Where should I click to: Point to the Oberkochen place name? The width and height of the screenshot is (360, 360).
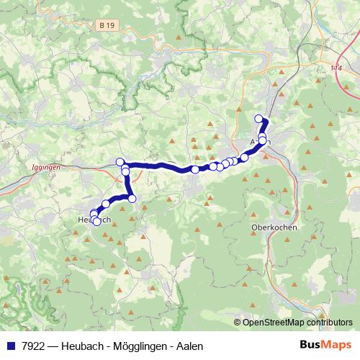pos(274,227)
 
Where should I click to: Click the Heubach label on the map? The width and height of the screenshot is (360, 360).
pos(93,220)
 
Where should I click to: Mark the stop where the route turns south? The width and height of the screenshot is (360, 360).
pos(126,171)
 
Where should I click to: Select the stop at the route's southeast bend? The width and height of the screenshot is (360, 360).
pos(132,197)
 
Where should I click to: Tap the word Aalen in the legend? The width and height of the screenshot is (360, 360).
pos(189,346)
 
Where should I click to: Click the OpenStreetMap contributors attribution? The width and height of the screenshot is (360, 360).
pos(297,323)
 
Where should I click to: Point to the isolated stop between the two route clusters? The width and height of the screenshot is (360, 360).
pos(194,169)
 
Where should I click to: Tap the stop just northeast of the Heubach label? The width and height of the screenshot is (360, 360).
pos(106,204)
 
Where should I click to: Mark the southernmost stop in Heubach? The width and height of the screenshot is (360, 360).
pos(97,222)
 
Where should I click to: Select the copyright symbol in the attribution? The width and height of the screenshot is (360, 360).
pos(238,323)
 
